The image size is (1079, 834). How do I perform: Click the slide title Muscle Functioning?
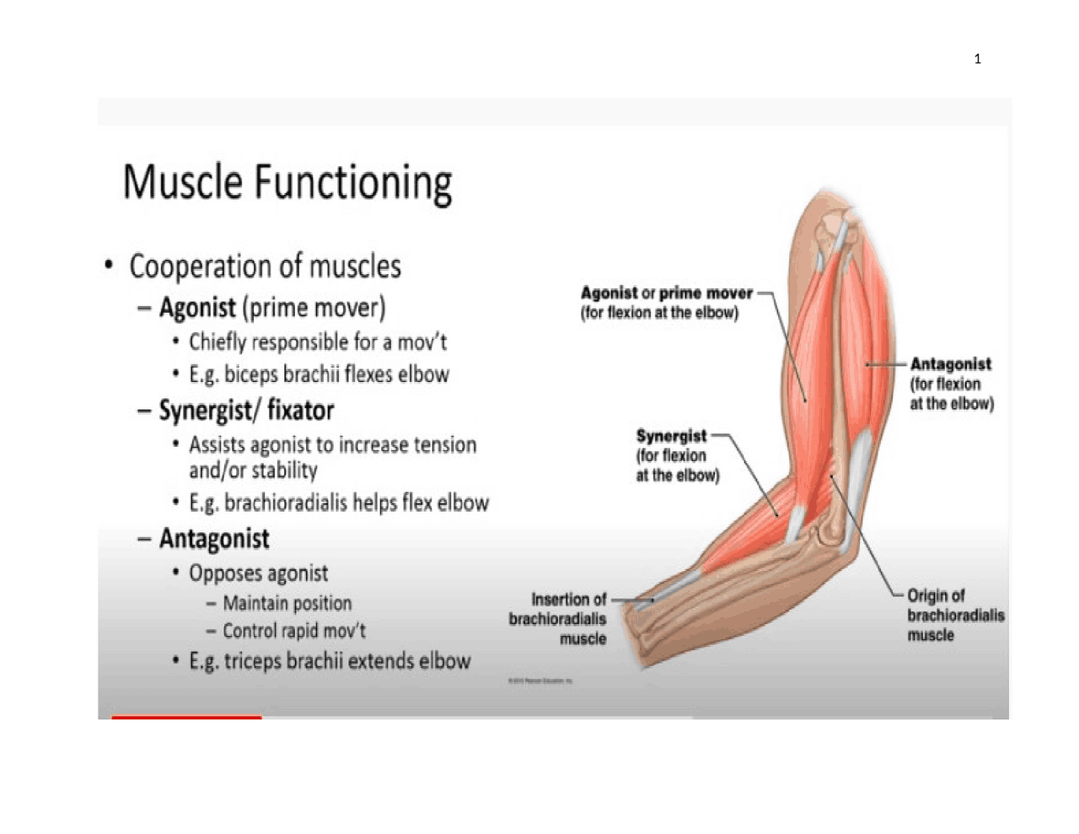pos(287,183)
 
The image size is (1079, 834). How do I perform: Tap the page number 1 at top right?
pos(977,59)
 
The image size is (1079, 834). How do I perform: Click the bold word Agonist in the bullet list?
pos(197,307)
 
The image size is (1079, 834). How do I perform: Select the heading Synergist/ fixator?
pos(246,411)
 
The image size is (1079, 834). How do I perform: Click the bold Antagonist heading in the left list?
pos(214,539)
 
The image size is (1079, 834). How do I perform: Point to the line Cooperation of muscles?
pos(265,266)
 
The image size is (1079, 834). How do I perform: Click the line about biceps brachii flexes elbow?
pos(319,374)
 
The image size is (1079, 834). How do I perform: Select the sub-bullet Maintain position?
pos(287,604)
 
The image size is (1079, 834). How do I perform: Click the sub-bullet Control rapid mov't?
pos(293,631)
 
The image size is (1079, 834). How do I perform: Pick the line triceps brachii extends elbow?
pos(329,661)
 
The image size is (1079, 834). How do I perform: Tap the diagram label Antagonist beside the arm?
pos(950,364)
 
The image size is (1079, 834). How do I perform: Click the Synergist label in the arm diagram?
pos(671,436)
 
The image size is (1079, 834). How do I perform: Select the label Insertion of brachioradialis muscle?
pos(558,618)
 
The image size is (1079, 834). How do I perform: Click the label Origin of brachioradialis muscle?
pos(954,615)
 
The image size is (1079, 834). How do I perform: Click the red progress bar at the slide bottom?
pos(186,717)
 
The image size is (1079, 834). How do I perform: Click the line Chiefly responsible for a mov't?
pos(317,342)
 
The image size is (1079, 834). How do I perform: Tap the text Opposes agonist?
pos(258,573)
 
